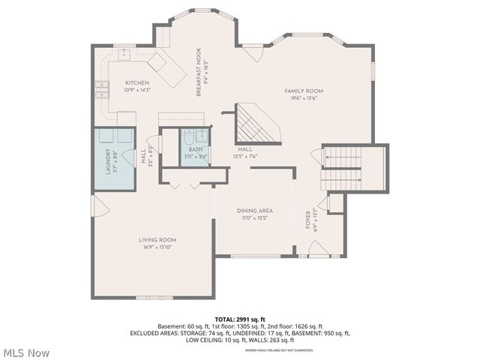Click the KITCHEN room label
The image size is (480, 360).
137,82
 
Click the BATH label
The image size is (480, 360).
196,149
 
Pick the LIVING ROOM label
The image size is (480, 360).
157,240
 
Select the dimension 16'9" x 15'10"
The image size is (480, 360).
157,247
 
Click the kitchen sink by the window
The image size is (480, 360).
123,55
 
